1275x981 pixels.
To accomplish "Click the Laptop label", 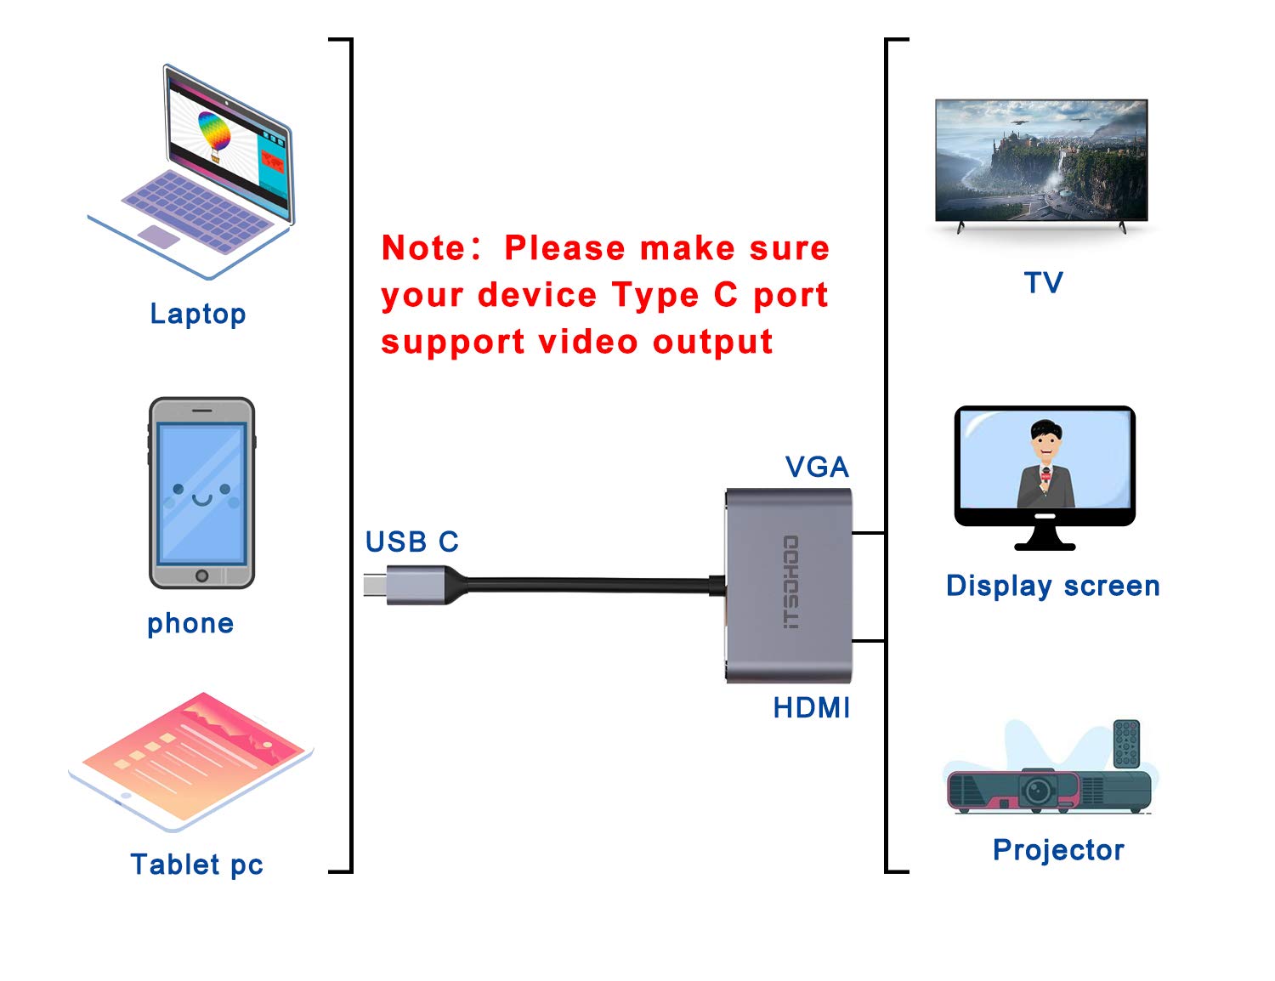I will point(198,314).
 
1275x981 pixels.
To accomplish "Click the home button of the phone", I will point(201,576).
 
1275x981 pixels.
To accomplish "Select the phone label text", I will point(190,623).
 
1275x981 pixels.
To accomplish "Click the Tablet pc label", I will point(196,865).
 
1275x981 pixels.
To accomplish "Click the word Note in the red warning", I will point(423,248).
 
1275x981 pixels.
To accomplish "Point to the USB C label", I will point(412,542).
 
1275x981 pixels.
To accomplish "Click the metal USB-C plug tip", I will point(375,585).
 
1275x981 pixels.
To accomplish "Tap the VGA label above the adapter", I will point(817,467).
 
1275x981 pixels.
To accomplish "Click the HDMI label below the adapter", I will point(812,707).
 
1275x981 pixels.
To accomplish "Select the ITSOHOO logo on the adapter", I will point(790,582).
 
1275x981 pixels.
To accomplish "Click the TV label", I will point(1043,282).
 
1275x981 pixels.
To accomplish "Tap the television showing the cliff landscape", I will point(1041,161).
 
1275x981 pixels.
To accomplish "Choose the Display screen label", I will point(1052,586).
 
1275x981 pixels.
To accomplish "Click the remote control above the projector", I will point(1126,744).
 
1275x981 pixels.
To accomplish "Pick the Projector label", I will point(1058,850).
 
